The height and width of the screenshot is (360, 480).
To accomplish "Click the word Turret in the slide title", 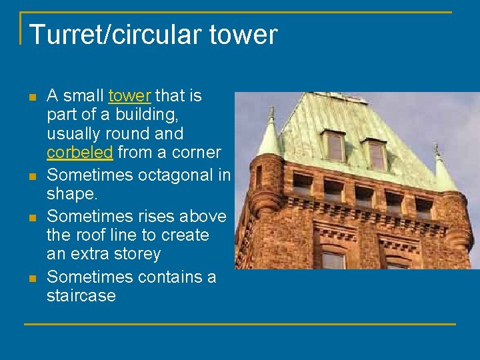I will [60, 35].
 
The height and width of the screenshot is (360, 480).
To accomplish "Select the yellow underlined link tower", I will [129, 96].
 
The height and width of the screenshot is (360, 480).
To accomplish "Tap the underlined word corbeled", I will [80, 153].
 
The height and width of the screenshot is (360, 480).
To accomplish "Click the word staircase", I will [81, 295].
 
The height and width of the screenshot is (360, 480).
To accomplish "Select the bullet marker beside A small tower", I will [31, 97].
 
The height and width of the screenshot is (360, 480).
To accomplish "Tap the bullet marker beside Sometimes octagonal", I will [31, 177].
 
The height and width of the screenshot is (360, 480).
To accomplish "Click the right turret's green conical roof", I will [443, 173].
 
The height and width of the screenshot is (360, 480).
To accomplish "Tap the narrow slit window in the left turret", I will [259, 176].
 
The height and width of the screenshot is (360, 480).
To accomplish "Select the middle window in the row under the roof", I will [364, 195].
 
